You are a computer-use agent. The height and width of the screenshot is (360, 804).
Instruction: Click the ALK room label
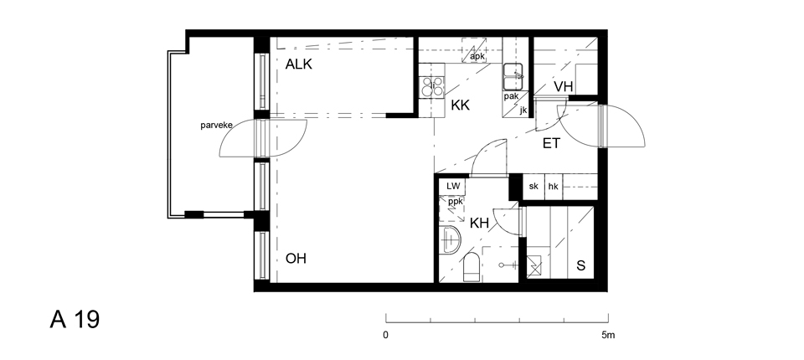coord(298,64)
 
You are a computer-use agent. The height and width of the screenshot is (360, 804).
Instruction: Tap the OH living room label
coord(296,259)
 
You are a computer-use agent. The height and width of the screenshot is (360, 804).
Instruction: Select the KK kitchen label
coord(461,105)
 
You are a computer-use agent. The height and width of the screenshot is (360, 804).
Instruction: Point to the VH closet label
coord(563,87)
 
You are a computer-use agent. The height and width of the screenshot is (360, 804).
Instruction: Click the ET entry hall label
coord(551,144)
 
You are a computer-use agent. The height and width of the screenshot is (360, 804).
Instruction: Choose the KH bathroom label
coord(479,223)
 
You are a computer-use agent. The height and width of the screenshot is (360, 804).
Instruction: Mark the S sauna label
coord(581,265)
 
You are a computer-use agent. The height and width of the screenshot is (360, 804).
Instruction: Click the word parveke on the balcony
coord(216,125)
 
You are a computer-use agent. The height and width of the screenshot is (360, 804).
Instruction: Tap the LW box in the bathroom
coord(453,186)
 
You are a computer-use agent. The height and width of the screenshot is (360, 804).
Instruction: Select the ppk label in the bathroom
coord(456,202)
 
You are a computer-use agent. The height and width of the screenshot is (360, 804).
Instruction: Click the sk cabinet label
coord(533,186)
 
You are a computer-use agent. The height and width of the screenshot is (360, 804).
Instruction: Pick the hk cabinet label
coord(554,187)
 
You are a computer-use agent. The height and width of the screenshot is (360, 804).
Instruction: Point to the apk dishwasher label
coord(477,56)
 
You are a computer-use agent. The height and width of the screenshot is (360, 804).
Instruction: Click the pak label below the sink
coord(511,96)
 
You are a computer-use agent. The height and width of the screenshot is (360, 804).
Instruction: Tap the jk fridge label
coord(523,110)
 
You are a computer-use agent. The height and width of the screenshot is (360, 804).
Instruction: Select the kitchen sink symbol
coord(513,76)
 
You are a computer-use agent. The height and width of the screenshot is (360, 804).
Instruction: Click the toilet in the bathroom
coord(472,267)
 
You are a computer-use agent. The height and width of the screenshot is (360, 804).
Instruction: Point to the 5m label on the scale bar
coord(608,336)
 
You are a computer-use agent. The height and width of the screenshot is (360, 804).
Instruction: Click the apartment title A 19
coord(75,320)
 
